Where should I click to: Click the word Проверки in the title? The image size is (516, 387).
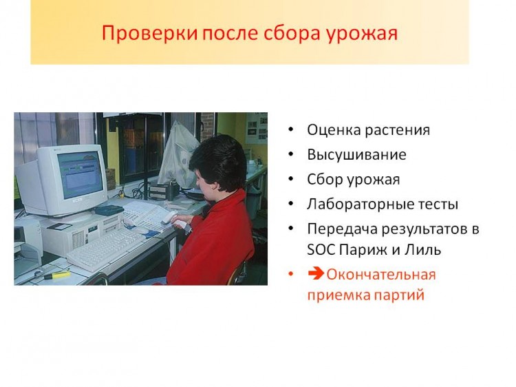(x=149, y=33)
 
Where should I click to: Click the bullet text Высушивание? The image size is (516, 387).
(x=356, y=155)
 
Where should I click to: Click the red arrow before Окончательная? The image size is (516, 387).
(x=316, y=273)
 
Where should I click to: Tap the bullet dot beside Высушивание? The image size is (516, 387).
(x=290, y=154)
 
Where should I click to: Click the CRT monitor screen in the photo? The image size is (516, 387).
(x=80, y=174)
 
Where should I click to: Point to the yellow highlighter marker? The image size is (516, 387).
(x=56, y=275)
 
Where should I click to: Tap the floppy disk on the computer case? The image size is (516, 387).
(x=61, y=227)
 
